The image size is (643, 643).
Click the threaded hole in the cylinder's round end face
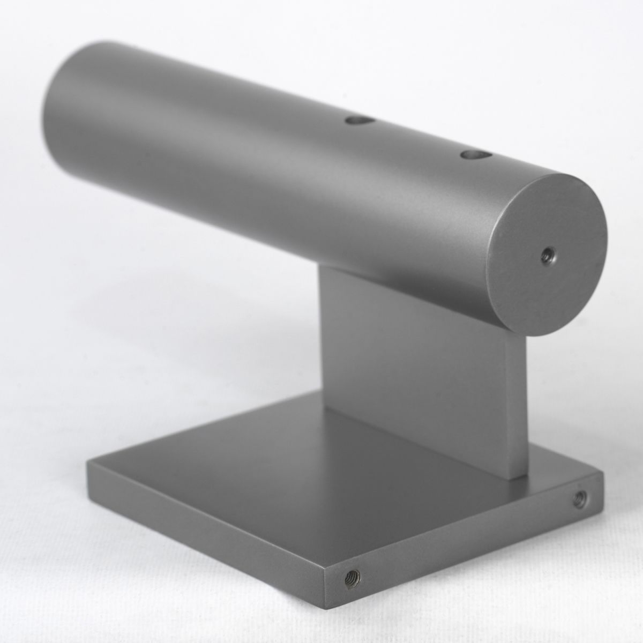(x=548, y=253)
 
